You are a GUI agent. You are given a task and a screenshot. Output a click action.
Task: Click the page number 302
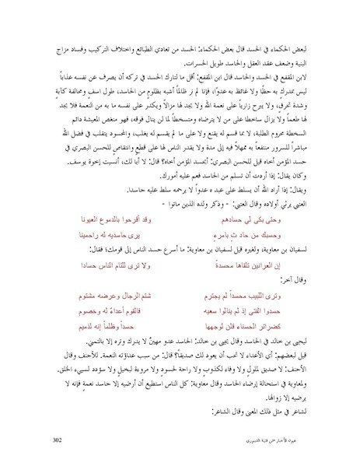coord(58,440)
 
